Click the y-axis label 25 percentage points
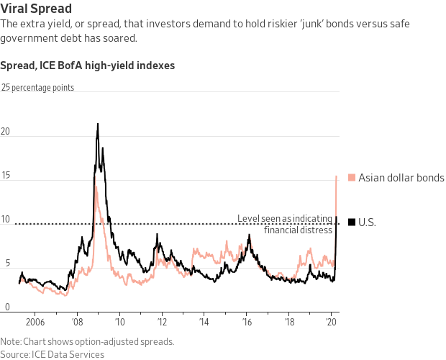coord(37,88)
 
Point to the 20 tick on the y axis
coord(6,132)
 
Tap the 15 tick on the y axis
coord(6,176)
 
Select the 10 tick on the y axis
coord(6,220)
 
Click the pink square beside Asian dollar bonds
coord(351,178)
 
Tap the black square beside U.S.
coord(351,222)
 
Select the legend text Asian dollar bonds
coord(401,178)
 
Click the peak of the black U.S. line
coord(98,124)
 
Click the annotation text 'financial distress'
coord(298,230)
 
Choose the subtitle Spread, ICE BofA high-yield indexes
coord(87,66)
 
